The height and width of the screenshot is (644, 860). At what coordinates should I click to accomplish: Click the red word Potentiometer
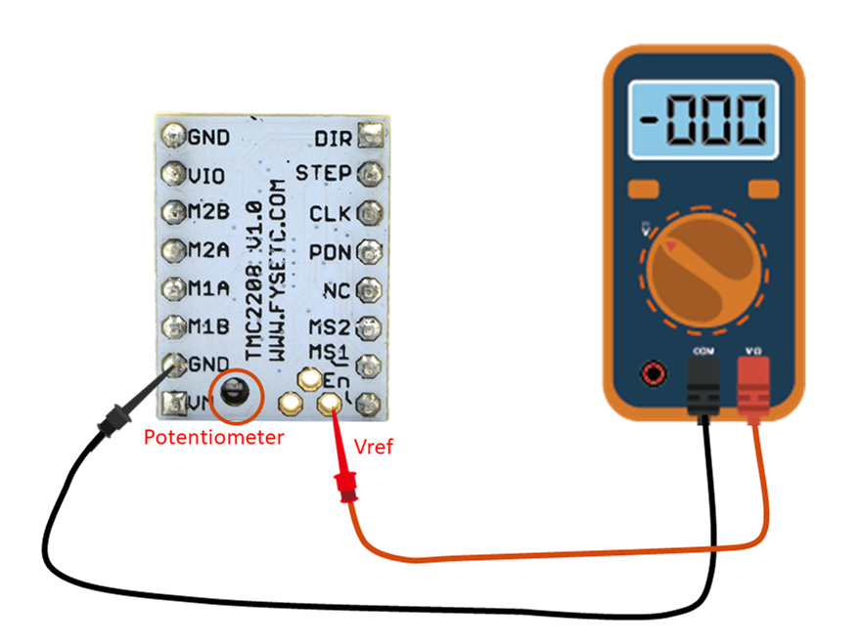pos(213,437)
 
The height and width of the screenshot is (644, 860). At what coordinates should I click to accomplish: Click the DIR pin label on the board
pos(333,136)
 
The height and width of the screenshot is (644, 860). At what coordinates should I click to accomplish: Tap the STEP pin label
pos(323,173)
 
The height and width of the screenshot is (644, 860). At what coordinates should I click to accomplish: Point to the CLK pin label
pos(330,213)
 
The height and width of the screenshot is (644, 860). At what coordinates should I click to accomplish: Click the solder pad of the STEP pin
pos(369,174)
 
